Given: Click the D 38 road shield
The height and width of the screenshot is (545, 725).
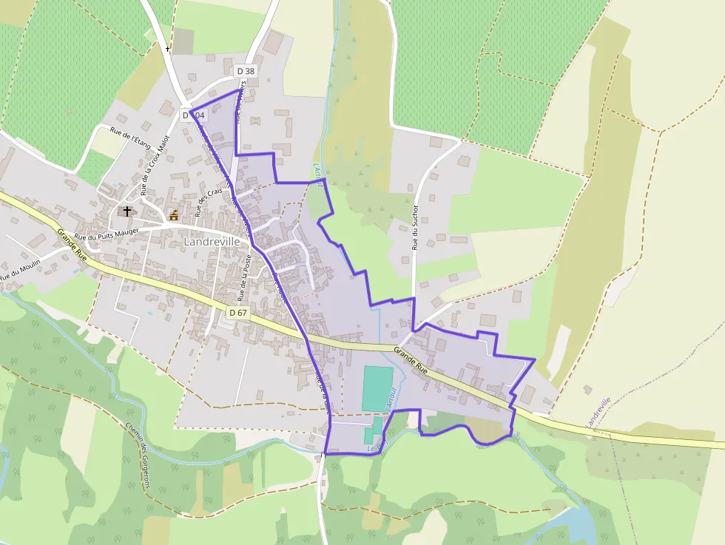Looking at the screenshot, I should tap(246, 71).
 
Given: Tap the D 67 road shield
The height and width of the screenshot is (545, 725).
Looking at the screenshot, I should tap(238, 313).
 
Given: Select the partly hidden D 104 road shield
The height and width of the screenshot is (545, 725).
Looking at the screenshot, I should tap(195, 115).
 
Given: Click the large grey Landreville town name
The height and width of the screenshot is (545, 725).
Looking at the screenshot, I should tap(212, 242).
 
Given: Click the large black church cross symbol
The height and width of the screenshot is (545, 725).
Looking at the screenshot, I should tap(127, 211).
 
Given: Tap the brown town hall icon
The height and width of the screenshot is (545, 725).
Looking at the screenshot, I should tap(174, 215).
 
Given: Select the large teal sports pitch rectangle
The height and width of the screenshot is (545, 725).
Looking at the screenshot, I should tap(378, 388).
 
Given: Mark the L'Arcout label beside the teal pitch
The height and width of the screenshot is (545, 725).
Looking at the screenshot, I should tap(393, 399).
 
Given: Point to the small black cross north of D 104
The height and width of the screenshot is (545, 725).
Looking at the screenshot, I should tap(168, 50).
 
